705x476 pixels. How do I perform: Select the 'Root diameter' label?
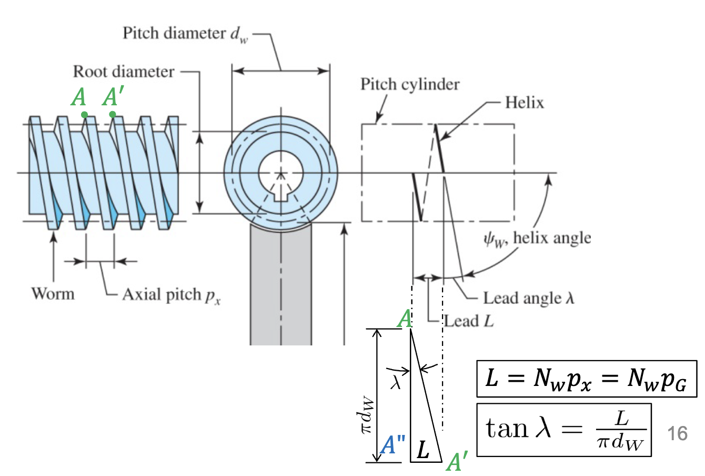pos(123,72)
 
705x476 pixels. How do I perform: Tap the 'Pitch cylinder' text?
pos(410,84)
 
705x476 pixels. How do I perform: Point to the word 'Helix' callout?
pos(524,102)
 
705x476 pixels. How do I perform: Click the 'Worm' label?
pos(53,293)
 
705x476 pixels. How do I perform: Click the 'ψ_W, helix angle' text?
pos(537,239)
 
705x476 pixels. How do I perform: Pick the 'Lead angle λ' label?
pos(528,299)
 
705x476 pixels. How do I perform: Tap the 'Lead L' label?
pos(469,321)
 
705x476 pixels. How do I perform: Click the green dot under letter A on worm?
pos(84,114)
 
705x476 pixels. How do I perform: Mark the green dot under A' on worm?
pos(112,114)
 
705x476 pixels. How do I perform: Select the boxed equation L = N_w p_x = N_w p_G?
pos(587,379)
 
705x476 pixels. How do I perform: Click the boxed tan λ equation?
pos(563,430)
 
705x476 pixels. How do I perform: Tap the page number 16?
pos(678,434)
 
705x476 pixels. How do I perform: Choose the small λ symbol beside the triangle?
pos(396,381)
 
